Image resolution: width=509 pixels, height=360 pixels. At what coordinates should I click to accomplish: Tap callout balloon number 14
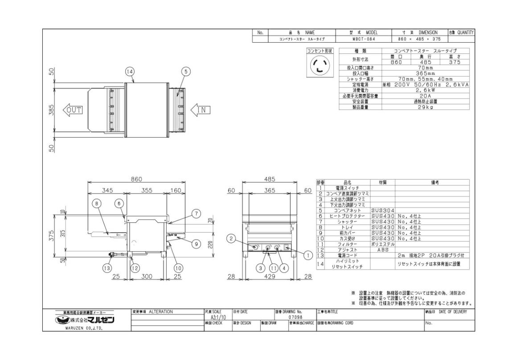pyautogui.click(x=130, y=71)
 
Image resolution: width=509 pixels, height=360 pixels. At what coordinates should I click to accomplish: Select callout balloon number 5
pyautogui.click(x=186, y=71)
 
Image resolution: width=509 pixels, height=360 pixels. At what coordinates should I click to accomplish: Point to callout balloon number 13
pyautogui.click(x=107, y=268)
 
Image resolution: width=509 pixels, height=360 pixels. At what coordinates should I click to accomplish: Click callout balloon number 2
pyautogui.click(x=231, y=239)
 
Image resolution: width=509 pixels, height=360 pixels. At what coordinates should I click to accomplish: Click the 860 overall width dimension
pyautogui.click(x=136, y=179)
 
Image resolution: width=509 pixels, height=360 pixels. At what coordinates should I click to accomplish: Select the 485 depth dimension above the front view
pyautogui.click(x=269, y=179)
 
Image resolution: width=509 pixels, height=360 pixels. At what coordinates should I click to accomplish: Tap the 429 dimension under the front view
pyautogui.click(x=269, y=277)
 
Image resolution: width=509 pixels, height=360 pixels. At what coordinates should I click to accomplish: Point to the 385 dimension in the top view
pyautogui.click(x=51, y=110)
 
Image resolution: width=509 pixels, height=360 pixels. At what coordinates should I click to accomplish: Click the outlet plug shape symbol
pyautogui.click(x=319, y=66)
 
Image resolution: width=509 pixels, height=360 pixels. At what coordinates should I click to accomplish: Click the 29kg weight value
pyautogui.click(x=426, y=107)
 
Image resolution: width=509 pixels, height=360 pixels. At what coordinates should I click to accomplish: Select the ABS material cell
pyautogui.click(x=382, y=250)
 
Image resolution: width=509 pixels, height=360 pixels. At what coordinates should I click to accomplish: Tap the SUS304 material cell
pyautogui.click(x=382, y=210)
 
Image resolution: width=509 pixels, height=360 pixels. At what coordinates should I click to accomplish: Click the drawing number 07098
pyautogui.click(x=295, y=317)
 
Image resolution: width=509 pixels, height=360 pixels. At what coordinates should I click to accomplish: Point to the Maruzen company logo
pyautogui.click(x=85, y=320)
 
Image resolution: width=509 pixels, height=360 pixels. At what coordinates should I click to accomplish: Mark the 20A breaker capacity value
pyautogui.click(x=426, y=96)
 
